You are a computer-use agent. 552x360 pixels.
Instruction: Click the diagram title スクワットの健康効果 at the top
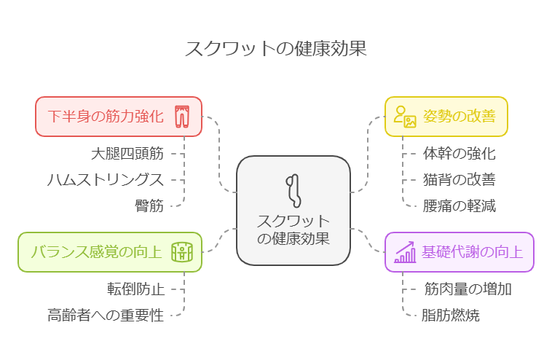tap(276, 48)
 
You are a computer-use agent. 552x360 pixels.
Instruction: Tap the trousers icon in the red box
tap(182, 117)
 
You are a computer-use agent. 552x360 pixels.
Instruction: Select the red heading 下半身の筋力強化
tap(106, 117)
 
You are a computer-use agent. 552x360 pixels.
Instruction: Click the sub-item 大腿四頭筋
tap(127, 154)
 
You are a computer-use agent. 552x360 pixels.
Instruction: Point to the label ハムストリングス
tap(106, 180)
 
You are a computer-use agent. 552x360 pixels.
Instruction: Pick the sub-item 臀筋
tap(149, 206)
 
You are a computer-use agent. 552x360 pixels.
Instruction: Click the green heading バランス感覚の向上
tap(96, 252)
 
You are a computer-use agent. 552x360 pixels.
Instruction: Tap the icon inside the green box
tap(182, 252)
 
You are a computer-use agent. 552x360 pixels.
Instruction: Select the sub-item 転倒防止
tap(136, 289)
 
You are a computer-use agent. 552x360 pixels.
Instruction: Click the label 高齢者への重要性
tap(106, 315)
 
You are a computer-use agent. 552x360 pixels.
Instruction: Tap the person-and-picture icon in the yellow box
tap(405, 117)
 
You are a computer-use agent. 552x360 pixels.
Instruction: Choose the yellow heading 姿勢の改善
tap(460, 117)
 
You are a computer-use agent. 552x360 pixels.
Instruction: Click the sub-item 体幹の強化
tap(460, 154)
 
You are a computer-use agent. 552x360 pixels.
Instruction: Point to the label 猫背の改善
tap(460, 180)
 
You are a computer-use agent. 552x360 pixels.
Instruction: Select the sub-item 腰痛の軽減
tap(460, 206)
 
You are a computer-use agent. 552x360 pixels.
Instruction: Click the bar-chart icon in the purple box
tap(405, 252)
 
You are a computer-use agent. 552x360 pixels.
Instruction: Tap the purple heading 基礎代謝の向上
tap(473, 252)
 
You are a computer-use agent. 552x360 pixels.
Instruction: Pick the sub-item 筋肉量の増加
tap(468, 289)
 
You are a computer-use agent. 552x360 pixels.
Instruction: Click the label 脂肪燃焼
tap(451, 315)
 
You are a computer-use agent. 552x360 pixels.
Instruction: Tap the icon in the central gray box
tap(293, 191)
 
